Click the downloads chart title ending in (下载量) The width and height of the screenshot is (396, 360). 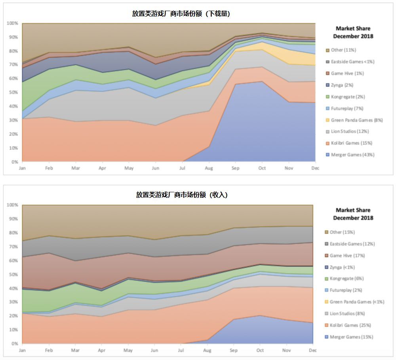pos(181,13)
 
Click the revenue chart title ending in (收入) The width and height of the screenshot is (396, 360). pos(181,195)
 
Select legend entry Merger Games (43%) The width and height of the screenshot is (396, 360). pos(352,155)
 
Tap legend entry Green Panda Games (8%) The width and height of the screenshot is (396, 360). pos(356,120)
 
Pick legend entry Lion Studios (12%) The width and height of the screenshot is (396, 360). pos(350,131)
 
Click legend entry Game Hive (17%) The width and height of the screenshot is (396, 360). pos(347,256)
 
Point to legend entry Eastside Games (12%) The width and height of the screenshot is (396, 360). pos(352,244)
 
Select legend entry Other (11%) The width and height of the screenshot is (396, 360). pos(343,50)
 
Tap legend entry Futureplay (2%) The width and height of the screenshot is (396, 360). pos(346,290)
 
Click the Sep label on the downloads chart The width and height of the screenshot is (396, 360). pos(235,168)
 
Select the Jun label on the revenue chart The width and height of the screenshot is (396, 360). pos(154,350)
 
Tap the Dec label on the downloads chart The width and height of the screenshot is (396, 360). pos(315,168)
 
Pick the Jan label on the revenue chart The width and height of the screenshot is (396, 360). pos(22,350)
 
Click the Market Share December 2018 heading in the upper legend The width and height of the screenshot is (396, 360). pos(353,32)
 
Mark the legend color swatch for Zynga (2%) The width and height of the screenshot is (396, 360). pos(327,85)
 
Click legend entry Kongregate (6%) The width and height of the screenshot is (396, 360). pos(347,279)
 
